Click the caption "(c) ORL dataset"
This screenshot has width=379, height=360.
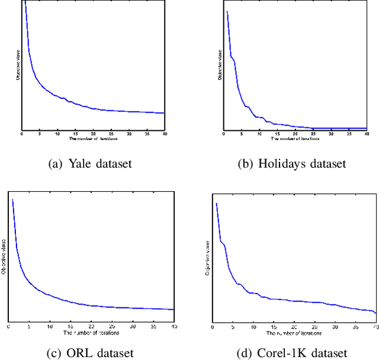[91, 353]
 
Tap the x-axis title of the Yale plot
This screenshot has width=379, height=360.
[93, 139]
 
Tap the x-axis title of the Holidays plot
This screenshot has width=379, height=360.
[295, 139]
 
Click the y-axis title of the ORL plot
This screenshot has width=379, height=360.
[4, 255]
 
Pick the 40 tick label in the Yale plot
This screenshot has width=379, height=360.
[163, 134]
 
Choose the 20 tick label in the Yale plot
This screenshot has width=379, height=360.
[93, 134]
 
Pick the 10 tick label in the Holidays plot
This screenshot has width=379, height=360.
[259, 134]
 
